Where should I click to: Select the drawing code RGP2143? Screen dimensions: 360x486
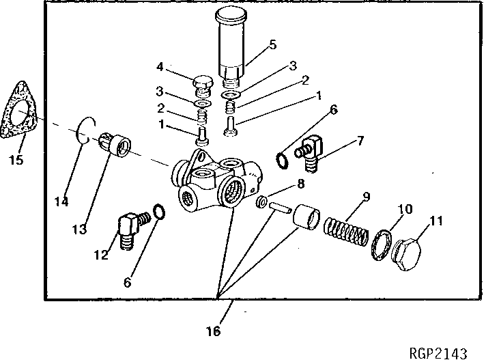pos(438,352)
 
